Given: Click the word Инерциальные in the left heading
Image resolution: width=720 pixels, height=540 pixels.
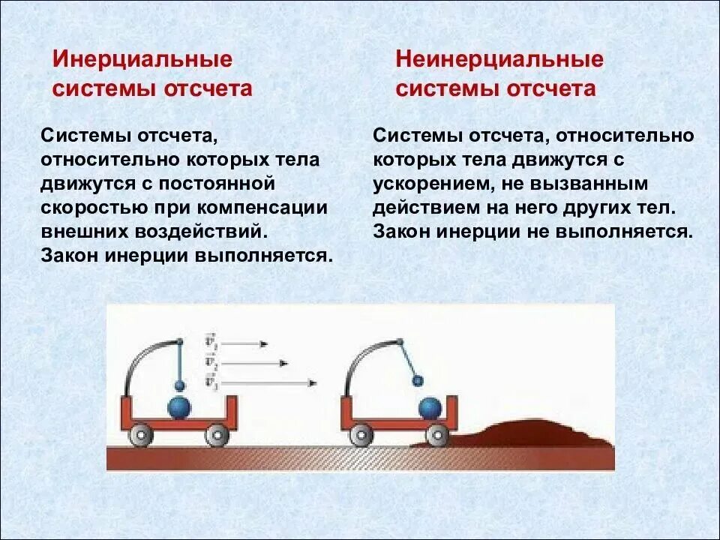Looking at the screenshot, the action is [142, 59].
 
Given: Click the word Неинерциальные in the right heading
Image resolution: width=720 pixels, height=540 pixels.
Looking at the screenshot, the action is [499, 59].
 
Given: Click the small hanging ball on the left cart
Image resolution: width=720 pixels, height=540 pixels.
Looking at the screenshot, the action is [179, 385].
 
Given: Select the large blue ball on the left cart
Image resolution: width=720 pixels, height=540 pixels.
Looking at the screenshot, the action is [179, 409].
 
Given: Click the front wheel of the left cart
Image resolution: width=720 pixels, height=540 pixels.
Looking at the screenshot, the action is [217, 434].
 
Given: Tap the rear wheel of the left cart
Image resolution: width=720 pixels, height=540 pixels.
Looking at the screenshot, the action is [139, 434].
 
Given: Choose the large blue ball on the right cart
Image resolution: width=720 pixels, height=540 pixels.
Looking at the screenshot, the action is [430, 409].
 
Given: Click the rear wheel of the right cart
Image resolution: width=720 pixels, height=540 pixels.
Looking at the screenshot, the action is [361, 434].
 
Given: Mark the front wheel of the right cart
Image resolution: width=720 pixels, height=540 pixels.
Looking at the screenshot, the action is [436, 434].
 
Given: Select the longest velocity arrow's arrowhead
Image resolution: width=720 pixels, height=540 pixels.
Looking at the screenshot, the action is [312, 383].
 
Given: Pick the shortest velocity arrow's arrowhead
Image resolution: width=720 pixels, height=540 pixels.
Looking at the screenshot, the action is [263, 343].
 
